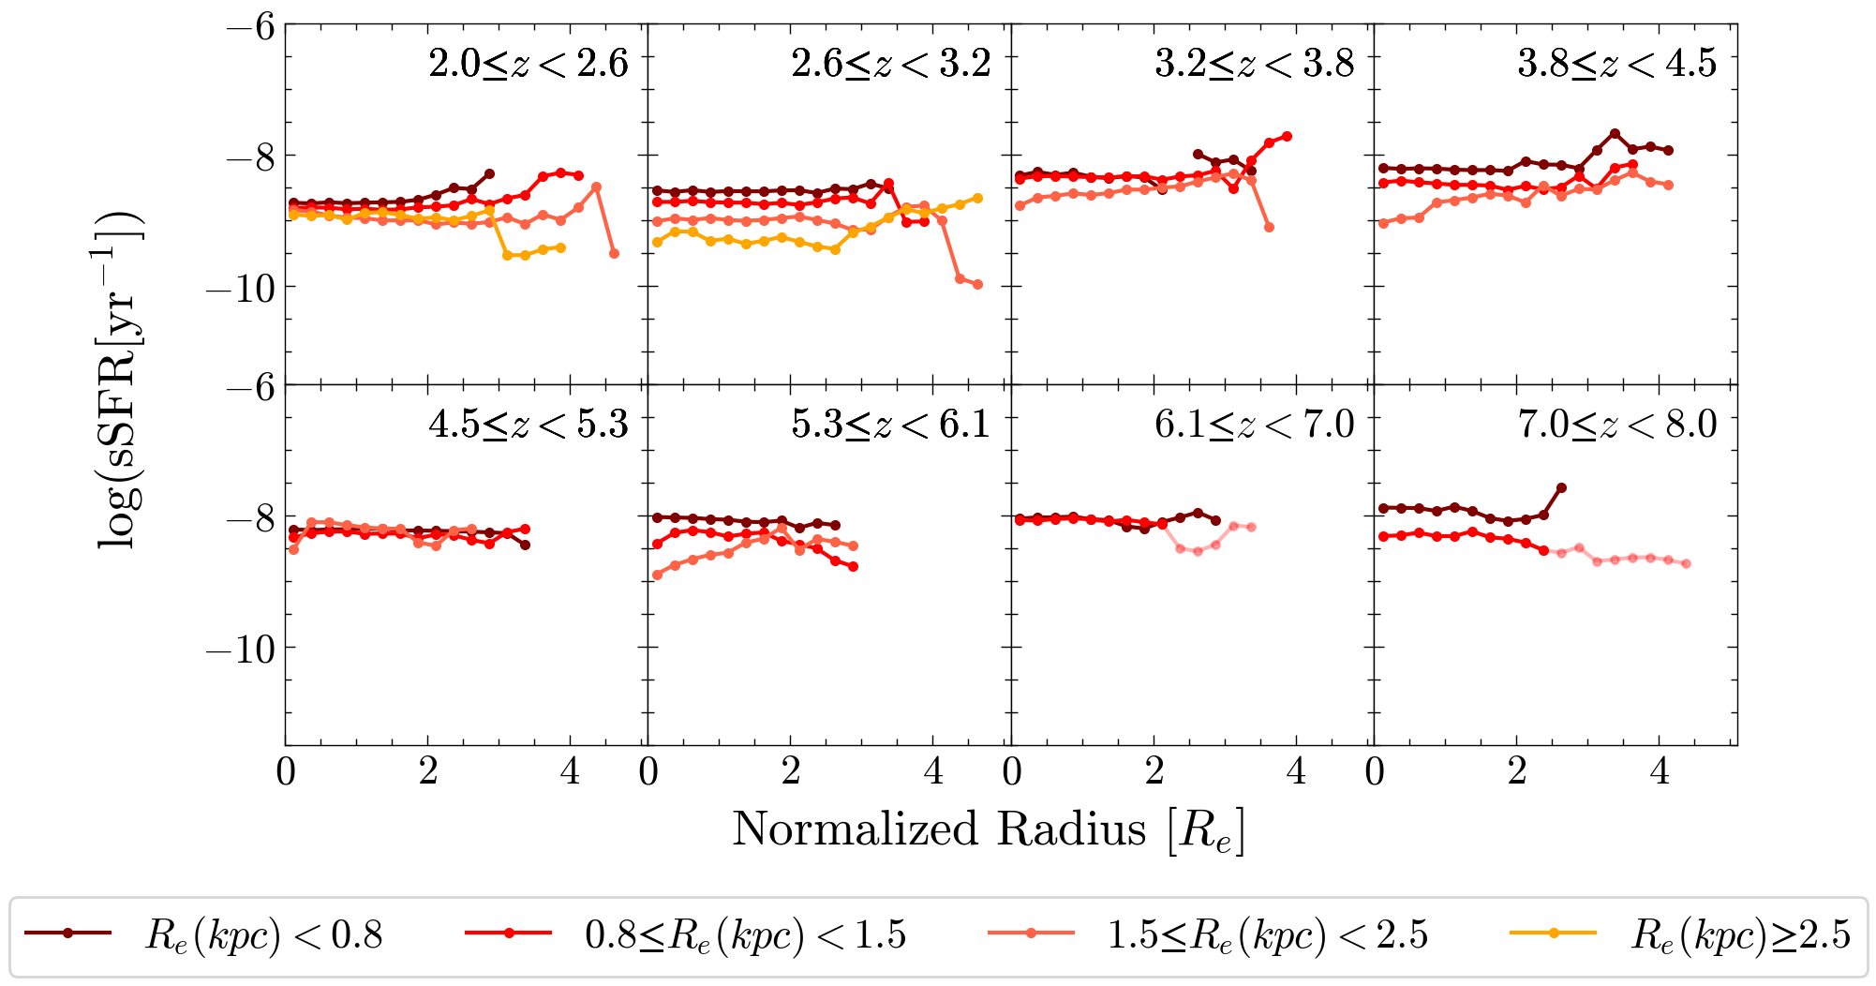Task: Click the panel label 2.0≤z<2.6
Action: point(529,64)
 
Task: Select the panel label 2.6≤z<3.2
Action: point(891,64)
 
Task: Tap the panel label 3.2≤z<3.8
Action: point(1255,64)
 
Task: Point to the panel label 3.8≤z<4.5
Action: point(1617,64)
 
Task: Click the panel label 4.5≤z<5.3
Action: point(529,425)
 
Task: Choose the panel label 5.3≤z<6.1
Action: point(891,425)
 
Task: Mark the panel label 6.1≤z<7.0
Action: point(1255,425)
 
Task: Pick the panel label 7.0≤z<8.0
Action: point(1617,425)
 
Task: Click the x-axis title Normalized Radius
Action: point(989,829)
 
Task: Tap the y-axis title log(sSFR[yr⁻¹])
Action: point(120,380)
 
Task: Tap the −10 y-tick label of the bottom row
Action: point(241,649)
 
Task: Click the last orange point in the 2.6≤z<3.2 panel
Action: point(977,198)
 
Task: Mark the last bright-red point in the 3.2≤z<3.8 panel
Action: point(1288,136)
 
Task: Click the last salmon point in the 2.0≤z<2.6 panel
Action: point(614,253)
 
